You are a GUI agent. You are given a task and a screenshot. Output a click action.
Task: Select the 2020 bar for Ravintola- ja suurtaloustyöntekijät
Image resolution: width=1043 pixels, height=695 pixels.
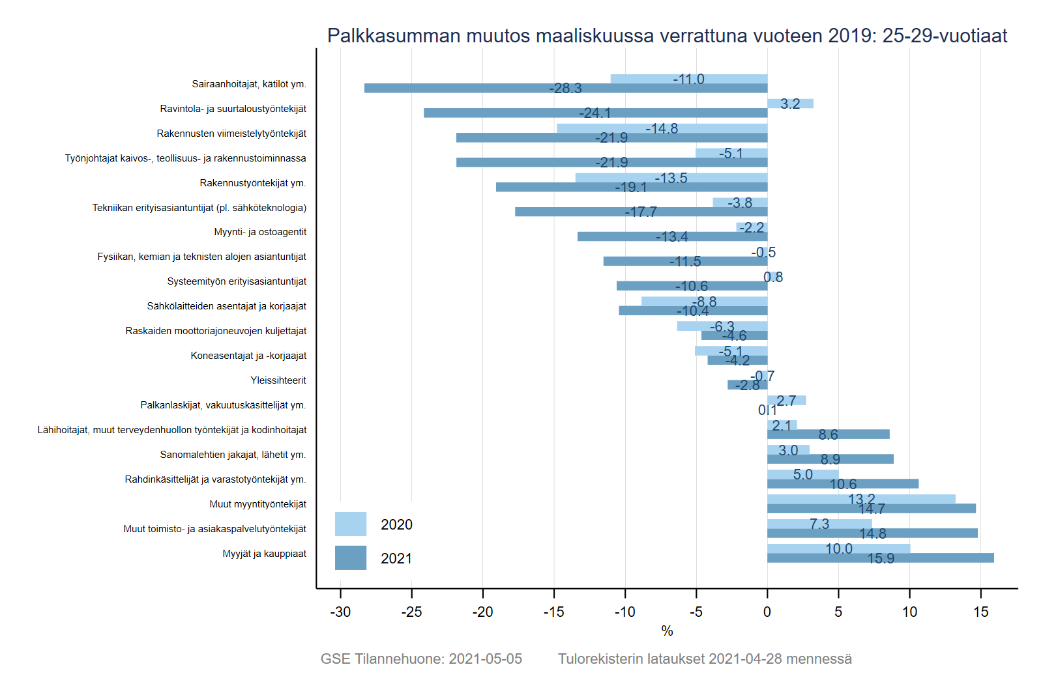click(790, 104)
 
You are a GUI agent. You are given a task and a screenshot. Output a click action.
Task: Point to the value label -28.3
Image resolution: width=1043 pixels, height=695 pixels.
click(565, 89)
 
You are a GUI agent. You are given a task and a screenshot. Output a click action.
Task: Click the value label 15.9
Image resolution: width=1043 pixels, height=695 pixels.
click(881, 559)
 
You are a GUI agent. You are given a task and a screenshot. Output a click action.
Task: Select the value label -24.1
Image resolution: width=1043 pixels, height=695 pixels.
click(595, 113)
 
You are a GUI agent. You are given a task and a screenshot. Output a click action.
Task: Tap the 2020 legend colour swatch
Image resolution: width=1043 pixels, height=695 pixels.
click(351, 524)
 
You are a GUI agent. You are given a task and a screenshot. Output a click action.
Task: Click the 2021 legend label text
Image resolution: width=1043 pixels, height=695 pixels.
click(396, 559)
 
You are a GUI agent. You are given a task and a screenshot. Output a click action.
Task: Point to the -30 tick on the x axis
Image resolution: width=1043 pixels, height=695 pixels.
click(340, 612)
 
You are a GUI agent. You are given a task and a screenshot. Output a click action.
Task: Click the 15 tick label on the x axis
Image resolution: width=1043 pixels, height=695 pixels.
click(980, 612)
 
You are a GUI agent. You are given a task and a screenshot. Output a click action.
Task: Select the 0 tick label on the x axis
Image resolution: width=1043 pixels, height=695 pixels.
click(767, 612)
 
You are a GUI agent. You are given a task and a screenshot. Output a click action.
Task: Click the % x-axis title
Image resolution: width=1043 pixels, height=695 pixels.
click(667, 631)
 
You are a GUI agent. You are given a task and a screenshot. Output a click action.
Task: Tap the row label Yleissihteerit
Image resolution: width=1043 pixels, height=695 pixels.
click(278, 380)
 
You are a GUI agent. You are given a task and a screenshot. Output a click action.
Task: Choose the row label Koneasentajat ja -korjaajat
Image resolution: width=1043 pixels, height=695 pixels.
click(248, 356)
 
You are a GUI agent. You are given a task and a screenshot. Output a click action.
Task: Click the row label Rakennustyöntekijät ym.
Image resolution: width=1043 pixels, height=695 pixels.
click(253, 183)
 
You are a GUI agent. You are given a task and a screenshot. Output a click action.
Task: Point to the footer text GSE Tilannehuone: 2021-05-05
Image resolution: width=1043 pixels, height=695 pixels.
click(421, 659)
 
